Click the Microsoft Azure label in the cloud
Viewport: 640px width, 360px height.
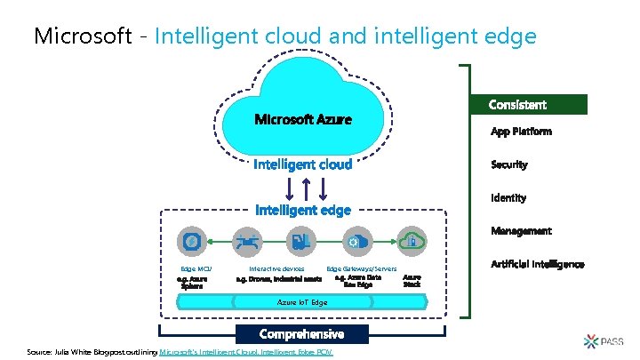(x=303, y=119)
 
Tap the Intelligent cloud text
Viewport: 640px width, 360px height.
(x=302, y=164)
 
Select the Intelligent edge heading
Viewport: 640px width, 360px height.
(x=303, y=210)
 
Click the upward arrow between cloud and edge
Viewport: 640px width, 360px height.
(x=305, y=188)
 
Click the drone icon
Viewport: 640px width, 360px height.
(x=246, y=240)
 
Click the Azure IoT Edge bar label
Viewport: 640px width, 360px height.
(x=302, y=302)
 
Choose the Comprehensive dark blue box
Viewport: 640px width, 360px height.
(x=301, y=334)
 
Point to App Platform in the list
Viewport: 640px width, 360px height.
(x=521, y=132)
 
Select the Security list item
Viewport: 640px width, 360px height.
(x=509, y=164)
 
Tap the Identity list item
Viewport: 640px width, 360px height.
(x=508, y=197)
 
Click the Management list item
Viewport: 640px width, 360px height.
(x=521, y=230)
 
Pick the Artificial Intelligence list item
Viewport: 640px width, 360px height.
(x=537, y=264)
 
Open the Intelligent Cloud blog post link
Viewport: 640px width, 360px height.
(x=252, y=353)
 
